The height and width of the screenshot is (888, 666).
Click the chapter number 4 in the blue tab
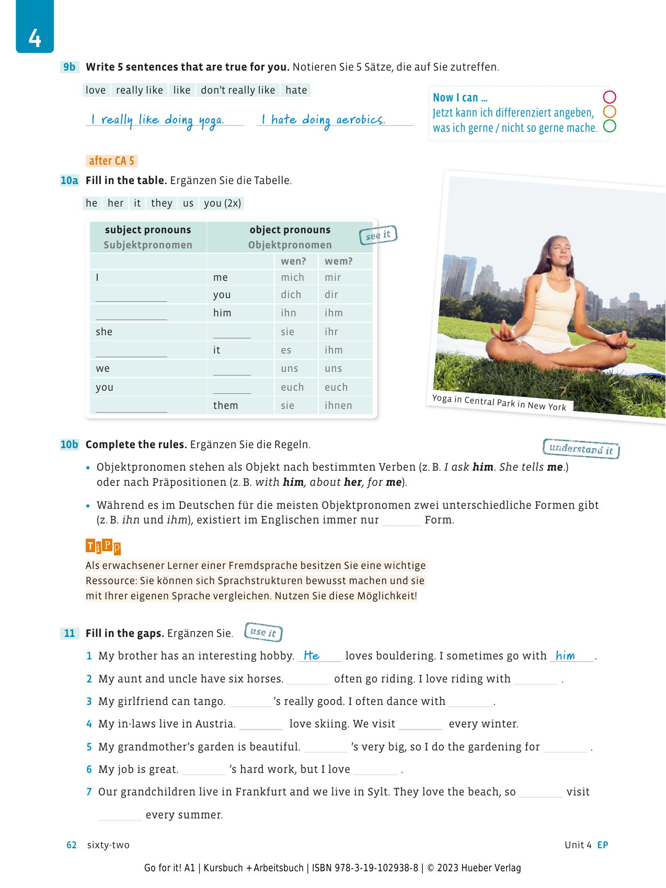tap(35, 38)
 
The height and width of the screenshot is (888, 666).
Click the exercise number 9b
tap(70, 67)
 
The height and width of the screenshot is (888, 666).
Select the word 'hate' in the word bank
tap(296, 90)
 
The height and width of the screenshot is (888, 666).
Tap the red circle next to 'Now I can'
tap(610, 97)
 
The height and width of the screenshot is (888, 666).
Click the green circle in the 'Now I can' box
tap(610, 126)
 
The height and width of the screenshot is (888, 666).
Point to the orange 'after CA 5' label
tap(111, 161)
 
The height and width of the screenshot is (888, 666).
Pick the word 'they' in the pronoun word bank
tap(162, 203)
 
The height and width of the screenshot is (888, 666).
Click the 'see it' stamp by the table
tap(378, 235)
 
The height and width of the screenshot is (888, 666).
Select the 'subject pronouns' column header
tap(148, 230)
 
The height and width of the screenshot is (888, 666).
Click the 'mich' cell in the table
tap(292, 277)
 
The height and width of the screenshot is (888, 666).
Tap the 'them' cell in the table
tap(225, 405)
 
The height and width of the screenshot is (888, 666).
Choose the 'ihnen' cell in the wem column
tap(338, 405)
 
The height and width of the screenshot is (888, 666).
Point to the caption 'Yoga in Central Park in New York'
tap(499, 403)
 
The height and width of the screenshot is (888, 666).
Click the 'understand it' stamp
tap(581, 449)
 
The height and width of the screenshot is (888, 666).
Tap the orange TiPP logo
tap(103, 547)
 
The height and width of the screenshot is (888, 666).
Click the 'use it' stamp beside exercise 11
tap(263, 632)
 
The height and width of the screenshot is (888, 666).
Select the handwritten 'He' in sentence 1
tap(312, 655)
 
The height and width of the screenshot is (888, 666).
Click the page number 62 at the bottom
tap(72, 845)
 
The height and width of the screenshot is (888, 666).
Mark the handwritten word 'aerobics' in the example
tap(360, 120)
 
